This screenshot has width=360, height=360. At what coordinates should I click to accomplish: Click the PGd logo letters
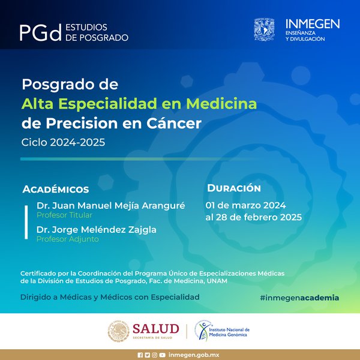(41, 32)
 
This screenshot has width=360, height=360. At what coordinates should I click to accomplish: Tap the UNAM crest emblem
(264, 29)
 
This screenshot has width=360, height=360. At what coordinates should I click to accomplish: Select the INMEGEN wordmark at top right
(313, 24)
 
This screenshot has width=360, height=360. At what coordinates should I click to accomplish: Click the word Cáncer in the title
(174, 123)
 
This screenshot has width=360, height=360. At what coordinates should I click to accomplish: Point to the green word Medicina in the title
(221, 104)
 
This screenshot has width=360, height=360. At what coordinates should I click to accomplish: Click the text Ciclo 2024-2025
(63, 142)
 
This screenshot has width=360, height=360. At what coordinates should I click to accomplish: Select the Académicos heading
(56, 189)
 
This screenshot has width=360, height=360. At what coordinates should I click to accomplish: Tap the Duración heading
(234, 188)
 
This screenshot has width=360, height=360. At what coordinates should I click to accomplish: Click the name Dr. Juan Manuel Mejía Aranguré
(110, 205)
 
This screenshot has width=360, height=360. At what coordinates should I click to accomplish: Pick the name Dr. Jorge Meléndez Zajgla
(97, 230)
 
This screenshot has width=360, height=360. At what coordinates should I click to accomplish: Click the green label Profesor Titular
(64, 215)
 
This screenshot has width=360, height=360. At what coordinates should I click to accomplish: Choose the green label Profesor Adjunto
(68, 239)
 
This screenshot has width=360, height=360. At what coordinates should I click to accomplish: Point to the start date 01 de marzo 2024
(245, 205)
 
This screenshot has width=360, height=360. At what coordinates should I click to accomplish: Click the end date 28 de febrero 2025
(259, 217)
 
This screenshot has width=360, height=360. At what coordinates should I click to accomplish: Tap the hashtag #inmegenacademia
(299, 298)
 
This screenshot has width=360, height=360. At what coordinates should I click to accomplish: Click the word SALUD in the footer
(156, 329)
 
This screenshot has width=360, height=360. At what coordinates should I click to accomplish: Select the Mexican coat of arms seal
(118, 331)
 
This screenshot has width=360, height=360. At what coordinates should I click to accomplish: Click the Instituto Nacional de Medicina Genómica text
(229, 332)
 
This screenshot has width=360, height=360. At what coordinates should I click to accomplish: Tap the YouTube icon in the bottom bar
(162, 355)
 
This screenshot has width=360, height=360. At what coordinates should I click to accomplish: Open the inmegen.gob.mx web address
(194, 355)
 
